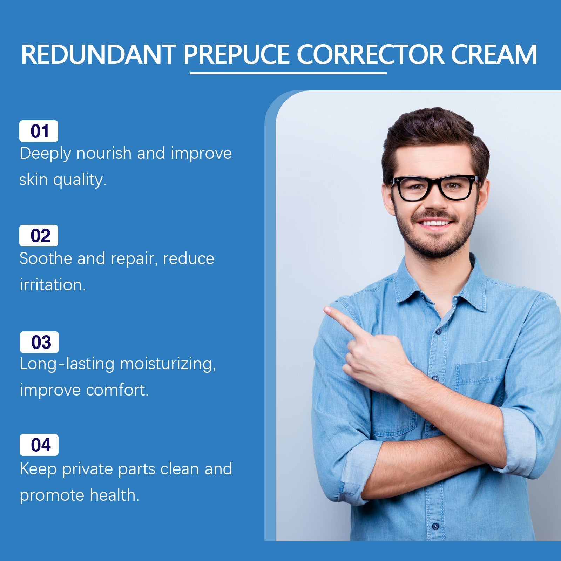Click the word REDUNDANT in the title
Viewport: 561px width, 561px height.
pyautogui.click(x=98, y=55)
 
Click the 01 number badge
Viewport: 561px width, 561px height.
pyautogui.click(x=39, y=131)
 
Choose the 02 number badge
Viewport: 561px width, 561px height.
pyautogui.click(x=39, y=236)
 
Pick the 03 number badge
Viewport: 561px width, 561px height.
pyautogui.click(x=40, y=342)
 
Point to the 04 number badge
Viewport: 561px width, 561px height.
pyautogui.click(x=39, y=445)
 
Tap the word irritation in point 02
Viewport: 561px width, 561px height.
pyautogui.click(x=53, y=285)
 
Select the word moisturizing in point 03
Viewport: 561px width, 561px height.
pyautogui.click(x=168, y=364)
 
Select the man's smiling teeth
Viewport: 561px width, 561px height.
pyautogui.click(x=435, y=223)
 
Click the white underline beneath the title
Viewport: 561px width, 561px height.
pyautogui.click(x=288, y=73)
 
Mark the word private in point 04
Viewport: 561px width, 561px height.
pyautogui.click(x=87, y=469)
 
